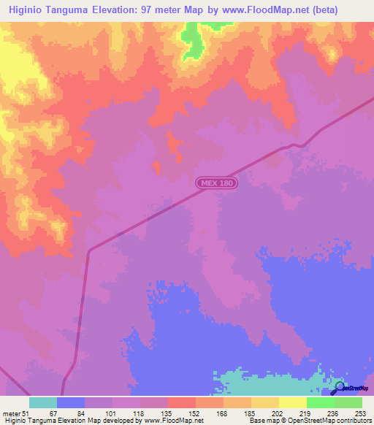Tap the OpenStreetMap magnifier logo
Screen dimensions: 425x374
coord(340,388)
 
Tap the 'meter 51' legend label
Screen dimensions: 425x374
coord(16,413)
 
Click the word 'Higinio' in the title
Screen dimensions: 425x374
coord(27,11)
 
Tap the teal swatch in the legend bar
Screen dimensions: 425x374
coord(43,402)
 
